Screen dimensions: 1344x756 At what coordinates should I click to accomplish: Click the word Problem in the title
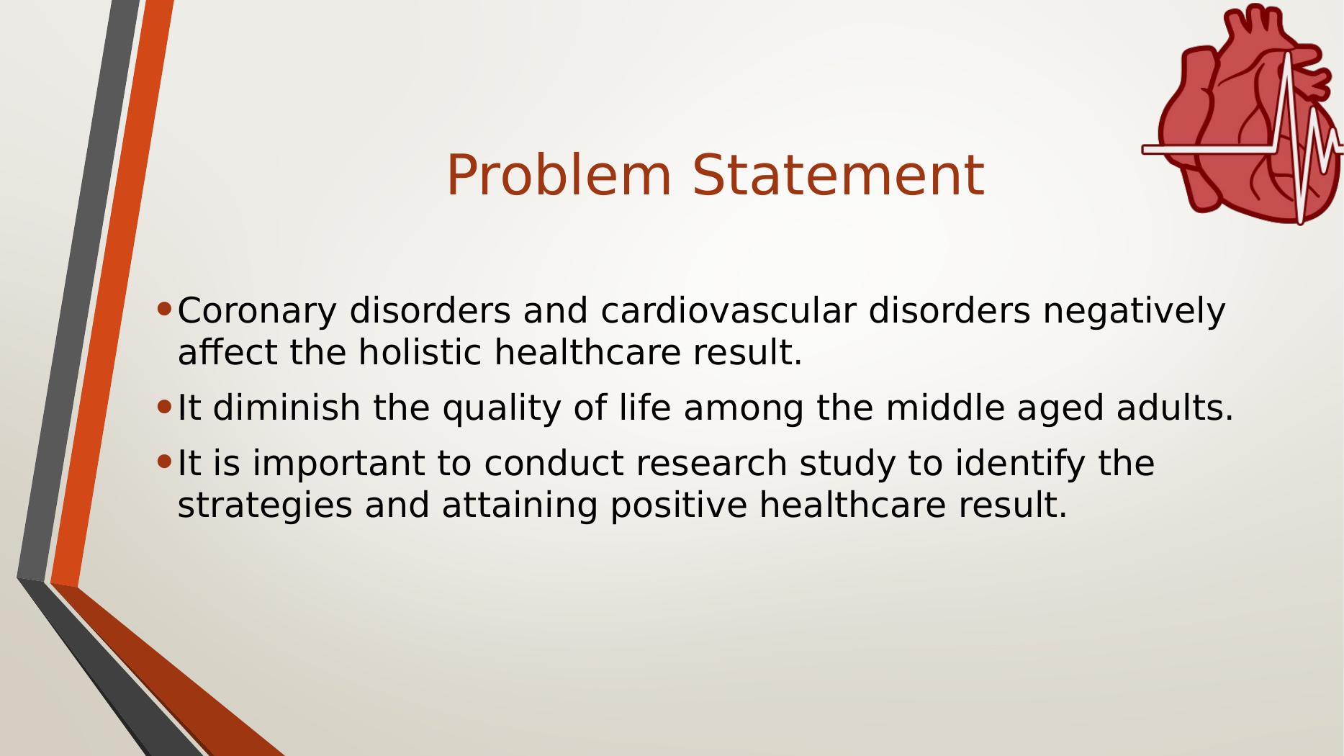pos(559,176)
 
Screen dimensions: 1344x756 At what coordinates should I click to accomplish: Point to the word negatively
pos(1133,312)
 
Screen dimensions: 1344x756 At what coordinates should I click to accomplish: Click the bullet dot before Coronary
pos(165,310)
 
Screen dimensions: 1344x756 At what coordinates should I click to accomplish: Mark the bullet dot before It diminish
pos(165,408)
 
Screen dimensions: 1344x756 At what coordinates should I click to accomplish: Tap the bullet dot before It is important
pos(165,462)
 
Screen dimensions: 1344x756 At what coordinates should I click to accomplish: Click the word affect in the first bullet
pos(227,353)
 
